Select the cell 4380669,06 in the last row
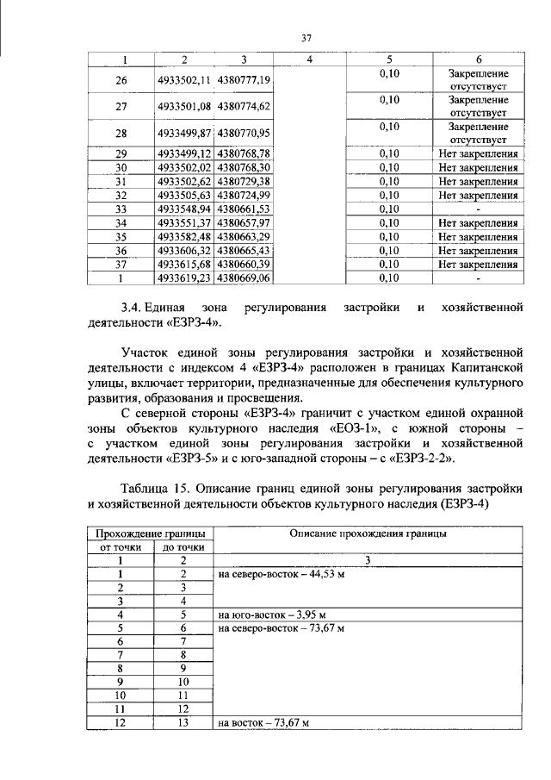pos(245,278)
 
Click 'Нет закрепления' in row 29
pos(478,153)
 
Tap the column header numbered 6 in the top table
pos(478,59)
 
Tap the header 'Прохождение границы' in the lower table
pos(150,534)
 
